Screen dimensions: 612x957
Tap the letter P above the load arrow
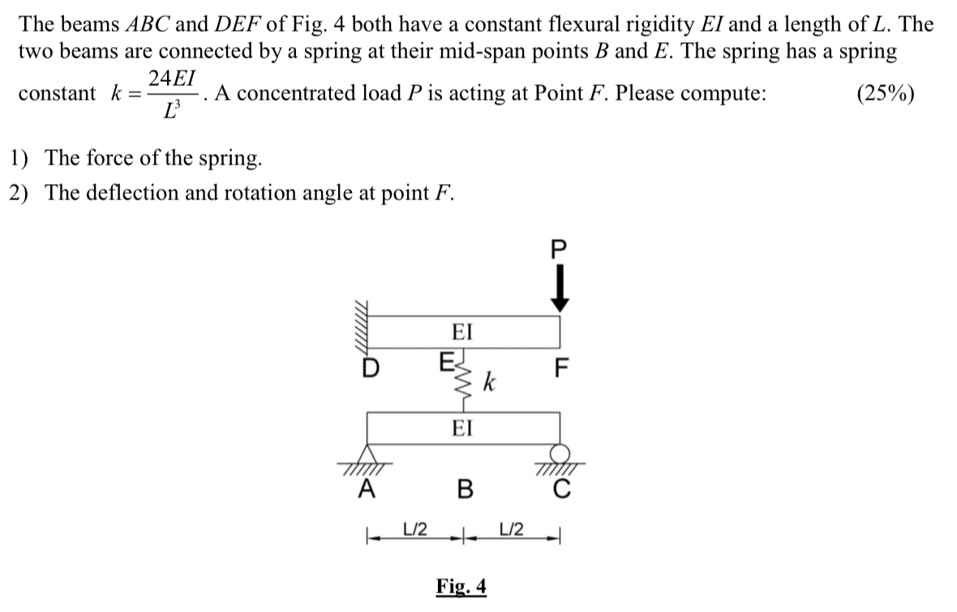(557, 249)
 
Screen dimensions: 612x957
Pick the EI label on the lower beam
(462, 427)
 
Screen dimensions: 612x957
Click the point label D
(370, 368)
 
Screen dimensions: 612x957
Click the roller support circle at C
(559, 454)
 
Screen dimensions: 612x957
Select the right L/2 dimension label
(511, 529)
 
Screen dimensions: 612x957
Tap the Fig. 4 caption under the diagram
(461, 586)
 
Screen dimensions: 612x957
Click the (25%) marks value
(886, 93)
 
